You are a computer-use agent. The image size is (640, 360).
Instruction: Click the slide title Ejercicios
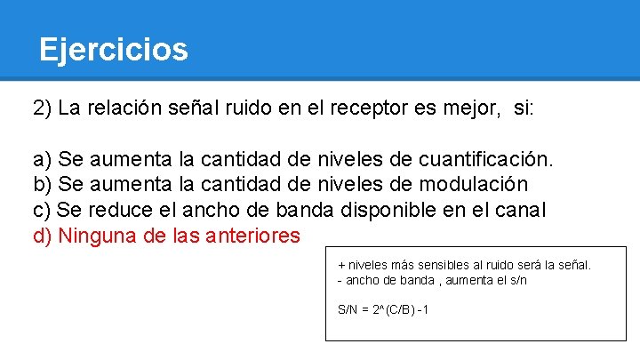click(113, 49)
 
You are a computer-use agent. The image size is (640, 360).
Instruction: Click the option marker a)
click(43, 160)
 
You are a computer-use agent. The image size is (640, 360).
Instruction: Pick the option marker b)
click(43, 185)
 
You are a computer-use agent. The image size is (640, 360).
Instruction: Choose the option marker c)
click(42, 211)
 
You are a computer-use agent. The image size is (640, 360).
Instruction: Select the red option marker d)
click(43, 236)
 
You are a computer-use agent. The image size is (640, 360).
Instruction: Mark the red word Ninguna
click(97, 236)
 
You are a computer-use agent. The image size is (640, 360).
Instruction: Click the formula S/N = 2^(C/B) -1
click(383, 310)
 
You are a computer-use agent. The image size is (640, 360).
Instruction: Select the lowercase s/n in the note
click(516, 280)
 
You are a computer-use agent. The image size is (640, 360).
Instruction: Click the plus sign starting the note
click(341, 265)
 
